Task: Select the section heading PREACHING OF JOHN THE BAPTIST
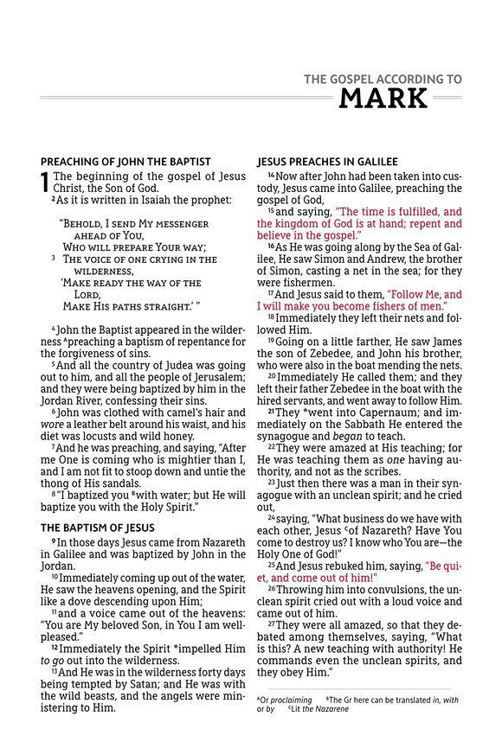[x=125, y=162]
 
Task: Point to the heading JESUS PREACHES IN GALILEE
[x=327, y=162]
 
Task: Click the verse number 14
[x=270, y=176]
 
